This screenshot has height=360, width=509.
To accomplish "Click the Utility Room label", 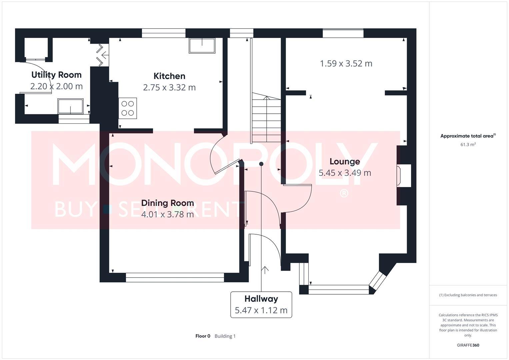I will click(x=56, y=75).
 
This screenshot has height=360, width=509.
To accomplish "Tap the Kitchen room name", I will click(x=169, y=76).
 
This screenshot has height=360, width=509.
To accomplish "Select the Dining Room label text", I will click(x=167, y=203).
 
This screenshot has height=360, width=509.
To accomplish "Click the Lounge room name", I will click(x=345, y=162).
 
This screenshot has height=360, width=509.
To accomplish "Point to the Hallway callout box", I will click(x=261, y=305).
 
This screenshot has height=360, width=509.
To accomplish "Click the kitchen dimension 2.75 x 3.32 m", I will click(x=169, y=87).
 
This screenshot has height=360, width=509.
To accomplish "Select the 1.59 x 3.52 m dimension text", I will click(x=346, y=63).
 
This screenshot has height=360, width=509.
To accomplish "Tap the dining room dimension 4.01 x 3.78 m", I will click(x=167, y=214).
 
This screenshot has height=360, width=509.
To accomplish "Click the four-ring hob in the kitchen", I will click(x=128, y=108).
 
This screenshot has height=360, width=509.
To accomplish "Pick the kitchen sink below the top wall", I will click(x=202, y=46).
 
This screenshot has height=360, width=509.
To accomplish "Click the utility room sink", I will click(x=70, y=106).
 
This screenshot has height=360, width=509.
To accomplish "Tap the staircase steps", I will click(x=266, y=118).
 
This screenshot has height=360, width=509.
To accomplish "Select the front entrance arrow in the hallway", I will click(x=265, y=270).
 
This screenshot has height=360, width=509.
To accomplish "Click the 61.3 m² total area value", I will click(x=468, y=144).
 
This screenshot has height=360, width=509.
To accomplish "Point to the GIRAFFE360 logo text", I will click(x=468, y=345).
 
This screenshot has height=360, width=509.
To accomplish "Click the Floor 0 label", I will click(x=203, y=336).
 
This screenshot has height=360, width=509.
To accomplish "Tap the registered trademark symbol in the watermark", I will click(x=344, y=193).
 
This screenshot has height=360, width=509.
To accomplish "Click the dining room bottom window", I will click(x=175, y=277).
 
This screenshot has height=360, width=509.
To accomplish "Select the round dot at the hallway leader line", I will click(x=261, y=164).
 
